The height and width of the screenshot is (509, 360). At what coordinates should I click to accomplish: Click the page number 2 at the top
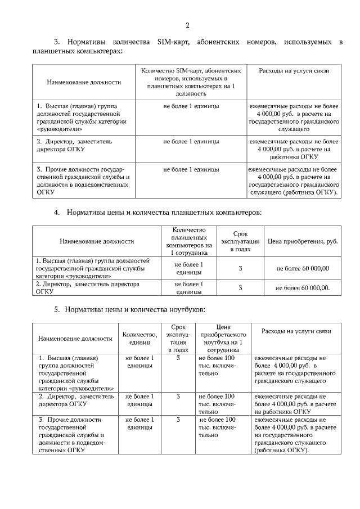[187, 25]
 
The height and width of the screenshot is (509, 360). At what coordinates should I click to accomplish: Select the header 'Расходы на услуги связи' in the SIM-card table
[294, 71]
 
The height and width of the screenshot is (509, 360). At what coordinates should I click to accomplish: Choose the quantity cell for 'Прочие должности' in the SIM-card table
[191, 169]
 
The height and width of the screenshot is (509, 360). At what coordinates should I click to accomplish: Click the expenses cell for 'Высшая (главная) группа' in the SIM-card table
[294, 117]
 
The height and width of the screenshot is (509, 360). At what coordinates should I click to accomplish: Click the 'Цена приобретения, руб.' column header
[303, 241]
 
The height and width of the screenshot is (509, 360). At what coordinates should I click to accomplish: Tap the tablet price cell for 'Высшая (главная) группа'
[303, 269]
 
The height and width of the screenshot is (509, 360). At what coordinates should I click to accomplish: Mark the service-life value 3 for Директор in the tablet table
[240, 288]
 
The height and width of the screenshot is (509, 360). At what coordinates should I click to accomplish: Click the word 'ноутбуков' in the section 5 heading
[181, 309]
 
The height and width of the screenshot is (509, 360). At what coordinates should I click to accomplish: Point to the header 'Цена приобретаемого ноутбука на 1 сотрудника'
[220, 338]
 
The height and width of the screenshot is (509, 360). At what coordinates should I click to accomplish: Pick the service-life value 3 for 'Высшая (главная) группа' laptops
[178, 358]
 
